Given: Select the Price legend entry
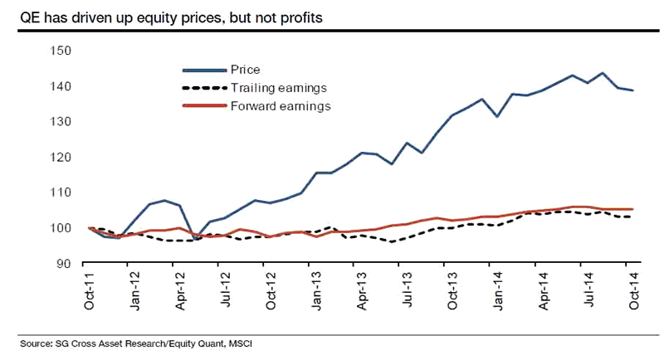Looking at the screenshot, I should click(246, 70).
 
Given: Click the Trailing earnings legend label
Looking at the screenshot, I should click(277, 88).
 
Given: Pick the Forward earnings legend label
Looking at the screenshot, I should click(281, 106).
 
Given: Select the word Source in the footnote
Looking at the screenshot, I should click(36, 342).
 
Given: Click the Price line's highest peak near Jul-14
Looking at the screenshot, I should click(602, 73).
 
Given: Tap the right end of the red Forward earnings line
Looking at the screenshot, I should click(633, 209).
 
